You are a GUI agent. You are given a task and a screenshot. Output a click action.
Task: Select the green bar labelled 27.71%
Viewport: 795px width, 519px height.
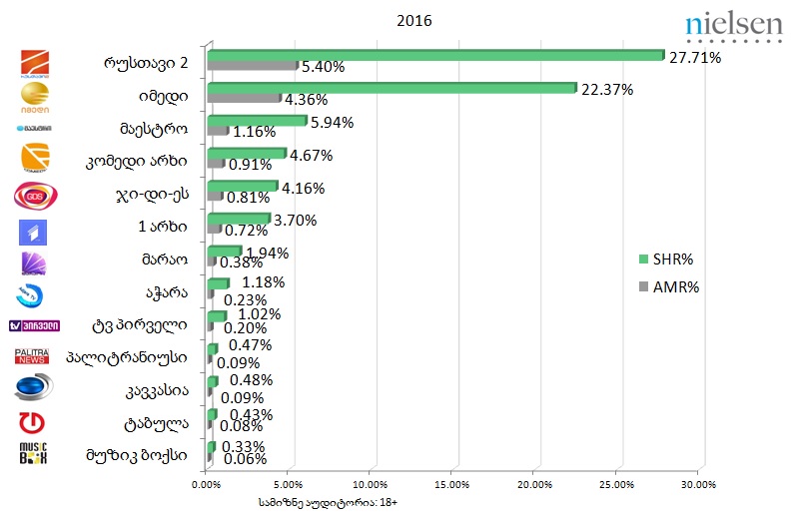coord(435,55)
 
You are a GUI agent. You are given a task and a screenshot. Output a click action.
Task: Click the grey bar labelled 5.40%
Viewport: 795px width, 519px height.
coord(252,66)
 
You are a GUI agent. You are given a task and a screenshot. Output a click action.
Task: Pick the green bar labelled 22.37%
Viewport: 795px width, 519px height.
coord(392,88)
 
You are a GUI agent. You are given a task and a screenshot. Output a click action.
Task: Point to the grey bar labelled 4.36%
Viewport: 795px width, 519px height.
coord(244,99)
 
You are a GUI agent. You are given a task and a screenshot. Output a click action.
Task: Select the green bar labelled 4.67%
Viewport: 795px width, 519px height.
coord(246,154)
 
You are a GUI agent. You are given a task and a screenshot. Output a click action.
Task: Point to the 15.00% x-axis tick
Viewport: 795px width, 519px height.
coord(452,485)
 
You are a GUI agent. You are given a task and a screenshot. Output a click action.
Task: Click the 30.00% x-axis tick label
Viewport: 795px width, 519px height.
coord(699,485)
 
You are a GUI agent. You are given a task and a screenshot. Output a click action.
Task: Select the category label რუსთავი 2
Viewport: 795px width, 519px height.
coord(147,62)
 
